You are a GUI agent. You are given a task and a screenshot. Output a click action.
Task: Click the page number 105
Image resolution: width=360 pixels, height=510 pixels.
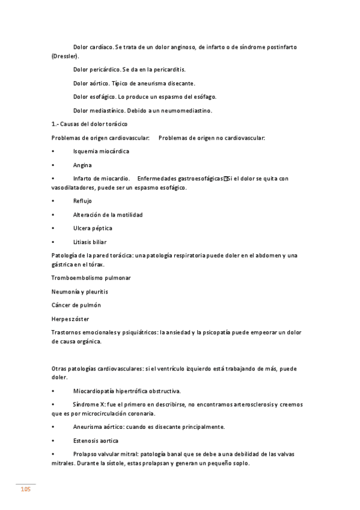click(x=25, y=490)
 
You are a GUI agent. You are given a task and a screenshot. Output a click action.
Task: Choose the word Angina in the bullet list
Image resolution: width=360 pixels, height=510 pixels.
click(x=82, y=165)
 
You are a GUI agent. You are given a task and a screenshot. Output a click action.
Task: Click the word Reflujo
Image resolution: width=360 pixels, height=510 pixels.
click(x=83, y=201)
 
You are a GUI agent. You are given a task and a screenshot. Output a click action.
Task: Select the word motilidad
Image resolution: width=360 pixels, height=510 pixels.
click(x=129, y=215)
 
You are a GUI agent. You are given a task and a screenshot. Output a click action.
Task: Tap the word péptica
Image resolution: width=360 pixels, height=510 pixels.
click(x=102, y=229)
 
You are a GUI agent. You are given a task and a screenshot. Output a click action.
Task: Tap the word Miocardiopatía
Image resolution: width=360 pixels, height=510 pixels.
click(x=93, y=391)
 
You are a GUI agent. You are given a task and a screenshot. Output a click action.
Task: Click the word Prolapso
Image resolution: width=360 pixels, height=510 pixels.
click(x=86, y=454)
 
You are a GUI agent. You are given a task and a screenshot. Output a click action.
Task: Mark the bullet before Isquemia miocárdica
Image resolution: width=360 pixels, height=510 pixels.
click(x=53, y=152)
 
